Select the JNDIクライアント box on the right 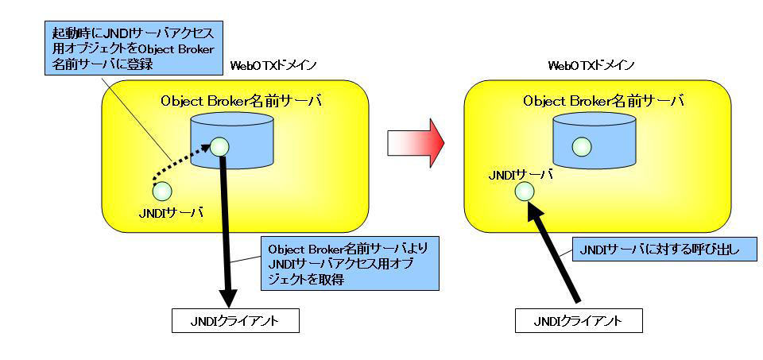(578, 321)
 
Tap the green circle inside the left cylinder (219, 146)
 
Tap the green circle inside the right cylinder (582, 146)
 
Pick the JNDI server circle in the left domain (161, 191)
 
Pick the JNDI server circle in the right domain (525, 191)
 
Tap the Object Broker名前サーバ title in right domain (604, 101)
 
